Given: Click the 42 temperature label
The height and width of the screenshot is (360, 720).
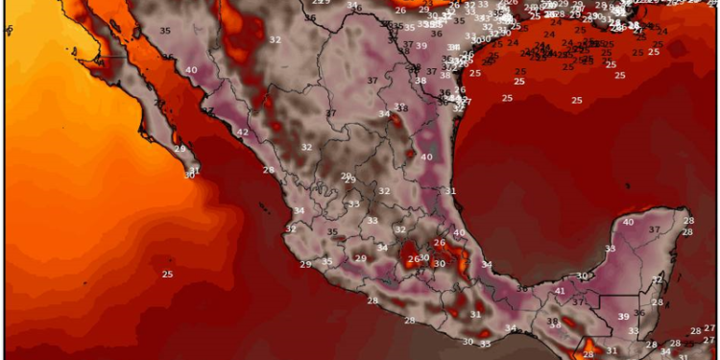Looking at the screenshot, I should coord(243,132).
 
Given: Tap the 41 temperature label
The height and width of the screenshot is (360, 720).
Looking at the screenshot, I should coord(560,290).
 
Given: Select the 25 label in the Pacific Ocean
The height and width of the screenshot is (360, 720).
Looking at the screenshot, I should coord(167,275).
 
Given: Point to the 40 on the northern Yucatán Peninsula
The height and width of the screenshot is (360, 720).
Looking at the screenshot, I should coord(628,222).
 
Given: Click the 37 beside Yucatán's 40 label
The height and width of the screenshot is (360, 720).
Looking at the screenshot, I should coord(655,229).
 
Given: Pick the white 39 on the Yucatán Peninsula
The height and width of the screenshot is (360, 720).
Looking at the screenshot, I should coord(623,317).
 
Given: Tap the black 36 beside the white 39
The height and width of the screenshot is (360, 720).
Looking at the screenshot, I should coord(639,313).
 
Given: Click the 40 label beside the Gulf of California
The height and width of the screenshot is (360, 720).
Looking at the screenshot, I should coord(192,70).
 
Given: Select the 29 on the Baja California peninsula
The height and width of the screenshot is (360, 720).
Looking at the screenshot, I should coord(180,149).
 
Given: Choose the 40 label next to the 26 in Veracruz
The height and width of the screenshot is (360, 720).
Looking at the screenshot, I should coord(459,232).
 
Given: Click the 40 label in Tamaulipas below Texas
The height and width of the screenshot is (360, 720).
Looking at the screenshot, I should coord(426,156).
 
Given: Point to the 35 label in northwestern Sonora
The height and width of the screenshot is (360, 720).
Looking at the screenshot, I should coord(165,31).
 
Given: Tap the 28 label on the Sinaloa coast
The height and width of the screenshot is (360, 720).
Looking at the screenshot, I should coord(269,170).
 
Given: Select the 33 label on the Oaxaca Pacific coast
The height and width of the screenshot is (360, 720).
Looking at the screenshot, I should coord(485,345).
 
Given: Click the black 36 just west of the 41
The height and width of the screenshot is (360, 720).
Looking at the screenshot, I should coord(521,288).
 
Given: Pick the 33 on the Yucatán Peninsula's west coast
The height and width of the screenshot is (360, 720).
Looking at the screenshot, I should coord(610,249).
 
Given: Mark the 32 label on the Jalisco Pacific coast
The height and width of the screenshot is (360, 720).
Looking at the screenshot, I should coord(290,229).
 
